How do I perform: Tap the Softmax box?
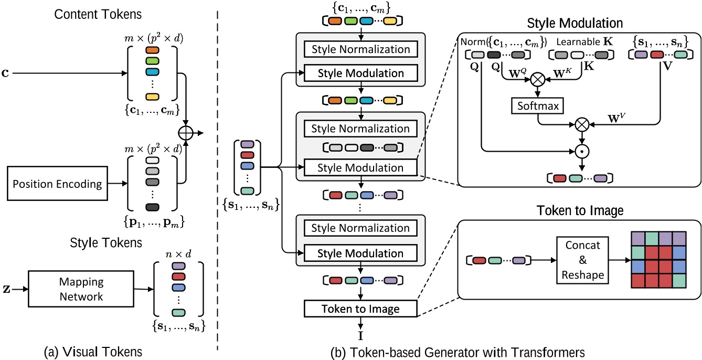[538, 106]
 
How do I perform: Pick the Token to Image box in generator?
[360, 309]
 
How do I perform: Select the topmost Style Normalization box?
[360, 49]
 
